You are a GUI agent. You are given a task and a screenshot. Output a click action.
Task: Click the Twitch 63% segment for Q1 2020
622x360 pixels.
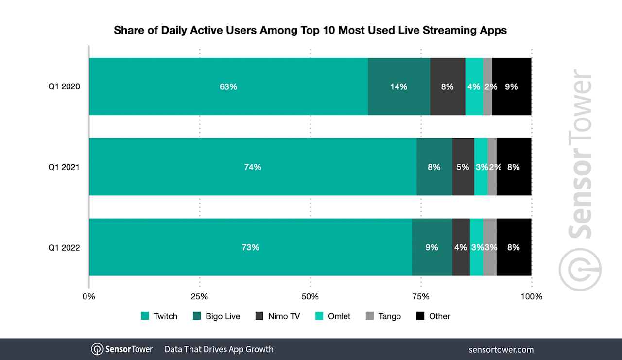pyautogui.click(x=228, y=86)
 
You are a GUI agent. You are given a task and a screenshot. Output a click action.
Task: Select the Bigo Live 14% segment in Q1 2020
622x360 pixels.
pyautogui.click(x=399, y=86)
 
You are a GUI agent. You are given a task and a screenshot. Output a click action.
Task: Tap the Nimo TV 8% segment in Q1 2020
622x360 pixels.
pyautogui.click(x=448, y=86)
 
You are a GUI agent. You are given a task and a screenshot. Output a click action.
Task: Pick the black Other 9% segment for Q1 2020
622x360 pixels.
pyautogui.click(x=512, y=86)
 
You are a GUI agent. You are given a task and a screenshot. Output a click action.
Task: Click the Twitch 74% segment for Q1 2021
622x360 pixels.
pyautogui.click(x=253, y=167)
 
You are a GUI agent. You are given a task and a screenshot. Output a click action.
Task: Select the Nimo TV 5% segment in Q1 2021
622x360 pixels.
pyautogui.click(x=463, y=167)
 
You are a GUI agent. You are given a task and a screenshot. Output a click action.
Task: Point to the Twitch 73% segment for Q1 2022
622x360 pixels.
pyautogui.click(x=250, y=247)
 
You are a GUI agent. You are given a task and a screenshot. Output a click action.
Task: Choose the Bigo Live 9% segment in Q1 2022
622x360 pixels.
pyautogui.click(x=432, y=247)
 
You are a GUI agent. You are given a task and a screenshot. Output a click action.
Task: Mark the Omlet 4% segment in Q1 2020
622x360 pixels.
pyautogui.click(x=474, y=86)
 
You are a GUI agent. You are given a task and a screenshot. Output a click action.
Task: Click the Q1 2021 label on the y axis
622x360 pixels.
pyautogui.click(x=64, y=167)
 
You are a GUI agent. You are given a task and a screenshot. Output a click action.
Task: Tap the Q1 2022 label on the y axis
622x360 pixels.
pyautogui.click(x=64, y=247)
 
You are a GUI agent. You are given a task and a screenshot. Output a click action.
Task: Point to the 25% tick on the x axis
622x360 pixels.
pyautogui.click(x=199, y=296)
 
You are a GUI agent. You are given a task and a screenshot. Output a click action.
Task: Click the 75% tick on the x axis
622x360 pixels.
pyautogui.click(x=421, y=296)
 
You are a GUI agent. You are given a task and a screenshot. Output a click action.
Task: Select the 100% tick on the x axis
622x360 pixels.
pyautogui.click(x=531, y=296)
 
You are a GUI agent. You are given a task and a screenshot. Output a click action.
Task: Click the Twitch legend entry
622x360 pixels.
pyautogui.click(x=159, y=316)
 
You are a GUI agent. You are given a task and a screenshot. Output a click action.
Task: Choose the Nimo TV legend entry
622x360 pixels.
pyautogui.click(x=277, y=316)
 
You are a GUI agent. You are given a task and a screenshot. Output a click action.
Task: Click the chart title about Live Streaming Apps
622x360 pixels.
pyautogui.click(x=310, y=30)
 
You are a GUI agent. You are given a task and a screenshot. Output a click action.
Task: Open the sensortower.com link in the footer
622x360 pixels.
pyautogui.click(x=501, y=349)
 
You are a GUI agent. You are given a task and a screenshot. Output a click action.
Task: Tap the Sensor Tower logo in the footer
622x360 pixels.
pyautogui.click(x=122, y=349)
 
